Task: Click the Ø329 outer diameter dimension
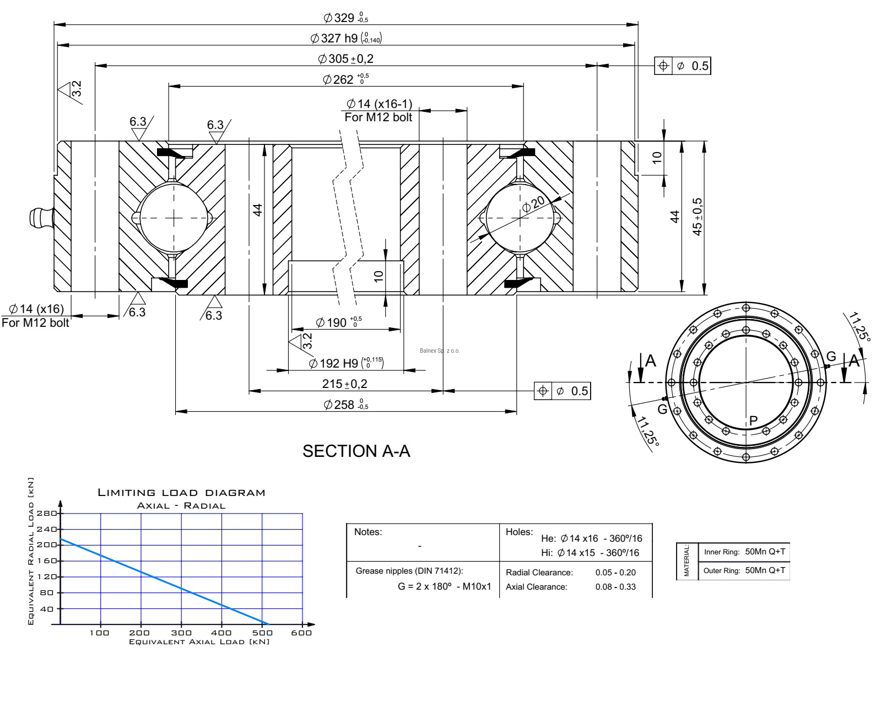point(345,18)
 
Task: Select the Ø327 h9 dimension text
point(346,38)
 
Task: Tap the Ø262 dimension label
point(345,79)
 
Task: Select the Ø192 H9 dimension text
point(345,363)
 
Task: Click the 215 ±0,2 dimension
point(345,384)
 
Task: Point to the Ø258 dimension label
point(345,405)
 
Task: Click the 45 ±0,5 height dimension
point(698,217)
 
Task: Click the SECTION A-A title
point(356,451)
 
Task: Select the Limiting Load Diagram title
point(181,493)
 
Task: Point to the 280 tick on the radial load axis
point(50,514)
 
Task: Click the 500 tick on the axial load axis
point(262,633)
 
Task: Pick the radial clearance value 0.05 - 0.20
point(615,573)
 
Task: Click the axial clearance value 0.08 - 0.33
point(615,587)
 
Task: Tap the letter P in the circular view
point(754,420)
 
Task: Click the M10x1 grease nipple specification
point(477,587)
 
